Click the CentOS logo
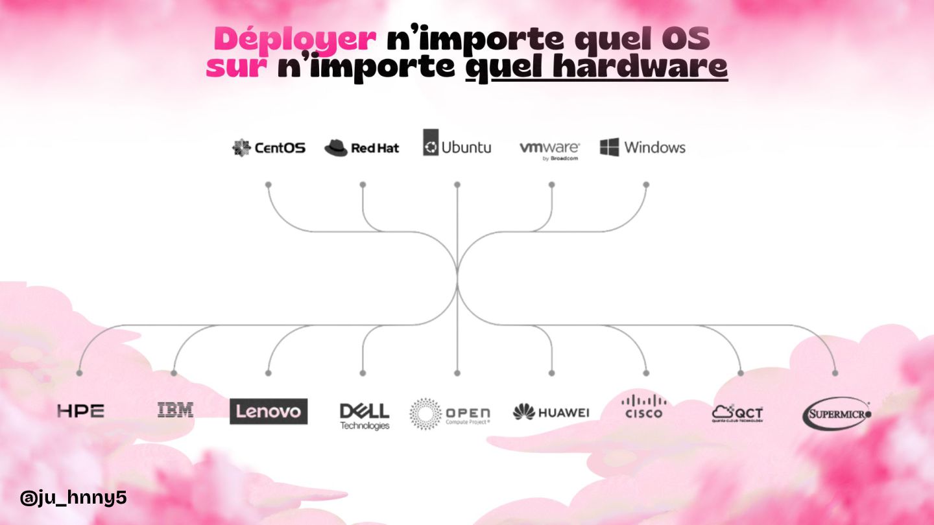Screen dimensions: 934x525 (x=269, y=148)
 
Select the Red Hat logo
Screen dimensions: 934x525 (x=362, y=148)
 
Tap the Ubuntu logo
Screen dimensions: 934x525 (x=457, y=144)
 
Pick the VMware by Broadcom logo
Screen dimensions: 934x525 (x=549, y=150)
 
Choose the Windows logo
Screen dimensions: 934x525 (x=642, y=147)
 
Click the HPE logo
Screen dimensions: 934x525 (x=80, y=411)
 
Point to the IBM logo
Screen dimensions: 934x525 (x=175, y=410)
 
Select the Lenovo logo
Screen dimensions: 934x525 (x=269, y=412)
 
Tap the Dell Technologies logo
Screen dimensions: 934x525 (x=365, y=415)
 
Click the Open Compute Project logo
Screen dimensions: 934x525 (x=450, y=414)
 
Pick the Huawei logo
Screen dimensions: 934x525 (x=551, y=412)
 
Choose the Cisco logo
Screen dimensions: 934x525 (x=643, y=406)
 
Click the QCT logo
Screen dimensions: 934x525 (x=737, y=413)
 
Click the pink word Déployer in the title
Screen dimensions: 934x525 (x=295, y=39)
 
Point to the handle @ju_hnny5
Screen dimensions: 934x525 (x=73, y=498)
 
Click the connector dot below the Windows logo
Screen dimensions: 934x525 (x=646, y=185)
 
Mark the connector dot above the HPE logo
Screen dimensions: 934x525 (x=79, y=373)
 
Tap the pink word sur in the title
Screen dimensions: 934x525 (x=237, y=67)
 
